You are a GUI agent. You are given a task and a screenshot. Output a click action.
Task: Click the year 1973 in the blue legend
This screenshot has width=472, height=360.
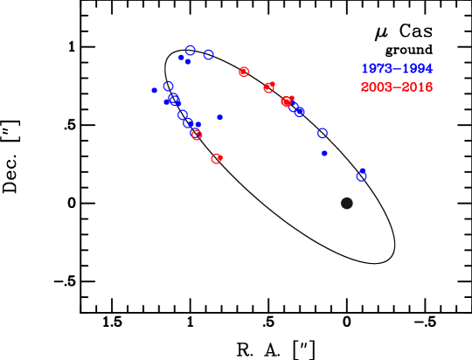[377, 69]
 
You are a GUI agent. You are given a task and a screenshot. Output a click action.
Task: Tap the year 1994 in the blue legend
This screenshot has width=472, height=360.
[417, 69]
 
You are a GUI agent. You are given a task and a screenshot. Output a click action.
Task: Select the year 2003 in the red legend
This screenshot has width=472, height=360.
[377, 87]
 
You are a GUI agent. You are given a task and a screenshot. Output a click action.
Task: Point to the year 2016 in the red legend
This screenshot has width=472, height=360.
[417, 87]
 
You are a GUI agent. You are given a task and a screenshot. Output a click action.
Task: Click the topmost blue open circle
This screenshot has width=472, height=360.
[190, 51]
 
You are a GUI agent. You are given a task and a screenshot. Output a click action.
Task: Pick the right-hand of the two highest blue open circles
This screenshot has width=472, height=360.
[209, 55]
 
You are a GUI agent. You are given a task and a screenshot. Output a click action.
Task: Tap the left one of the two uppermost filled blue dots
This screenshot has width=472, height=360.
[181, 58]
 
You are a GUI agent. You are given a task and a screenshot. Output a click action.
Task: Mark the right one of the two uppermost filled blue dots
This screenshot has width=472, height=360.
[188, 62]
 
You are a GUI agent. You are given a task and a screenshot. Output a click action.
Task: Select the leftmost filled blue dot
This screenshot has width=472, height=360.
[155, 90]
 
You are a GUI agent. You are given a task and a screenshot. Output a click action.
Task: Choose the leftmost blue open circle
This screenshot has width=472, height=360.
[169, 87]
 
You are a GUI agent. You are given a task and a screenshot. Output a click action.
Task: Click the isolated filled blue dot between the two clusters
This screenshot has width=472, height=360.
[220, 117]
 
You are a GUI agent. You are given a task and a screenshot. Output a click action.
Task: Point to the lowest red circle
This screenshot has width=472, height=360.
[216, 159]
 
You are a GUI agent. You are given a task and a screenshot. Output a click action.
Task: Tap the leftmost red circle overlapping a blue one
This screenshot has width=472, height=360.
[197, 135]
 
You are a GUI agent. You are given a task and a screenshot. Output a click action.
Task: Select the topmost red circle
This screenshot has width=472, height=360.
[244, 72]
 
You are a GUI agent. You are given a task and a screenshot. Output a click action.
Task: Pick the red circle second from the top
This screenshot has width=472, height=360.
[268, 87]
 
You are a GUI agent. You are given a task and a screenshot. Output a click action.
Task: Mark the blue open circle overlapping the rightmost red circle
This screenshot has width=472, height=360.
[294, 107]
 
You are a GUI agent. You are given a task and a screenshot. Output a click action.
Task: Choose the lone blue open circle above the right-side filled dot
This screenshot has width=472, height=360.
[323, 134]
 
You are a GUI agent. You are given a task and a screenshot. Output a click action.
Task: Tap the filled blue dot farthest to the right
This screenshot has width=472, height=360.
[324, 154]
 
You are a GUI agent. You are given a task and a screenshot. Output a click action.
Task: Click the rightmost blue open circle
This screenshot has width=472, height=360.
[361, 176]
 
